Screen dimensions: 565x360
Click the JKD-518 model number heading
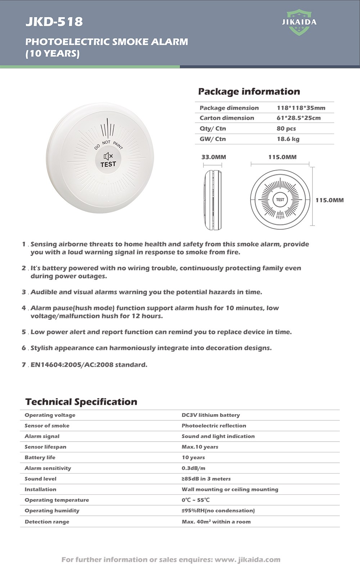click(54, 22)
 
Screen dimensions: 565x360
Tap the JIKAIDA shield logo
click(299, 22)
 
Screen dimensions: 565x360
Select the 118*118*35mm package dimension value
click(301, 108)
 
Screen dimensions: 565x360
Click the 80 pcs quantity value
click(286, 128)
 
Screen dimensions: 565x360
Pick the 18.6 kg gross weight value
click(288, 139)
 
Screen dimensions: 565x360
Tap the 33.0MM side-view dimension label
click(213, 157)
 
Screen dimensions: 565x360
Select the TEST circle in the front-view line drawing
click(280, 199)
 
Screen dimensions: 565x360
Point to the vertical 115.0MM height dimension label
click(329, 200)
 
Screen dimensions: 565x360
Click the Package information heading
click(249, 91)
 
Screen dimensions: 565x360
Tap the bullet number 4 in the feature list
click(24, 308)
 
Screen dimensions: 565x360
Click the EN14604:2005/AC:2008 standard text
click(89, 365)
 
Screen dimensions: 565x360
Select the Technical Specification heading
click(81, 402)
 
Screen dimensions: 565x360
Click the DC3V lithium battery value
click(211, 415)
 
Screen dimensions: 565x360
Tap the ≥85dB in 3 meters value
click(206, 479)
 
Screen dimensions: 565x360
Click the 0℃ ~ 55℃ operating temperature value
click(195, 500)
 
